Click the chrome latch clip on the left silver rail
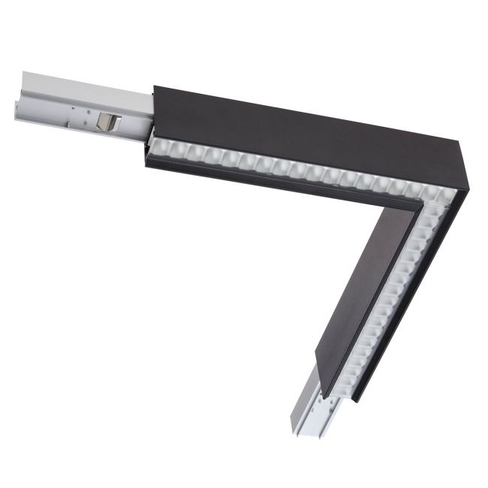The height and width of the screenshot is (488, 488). tap(110, 122)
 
